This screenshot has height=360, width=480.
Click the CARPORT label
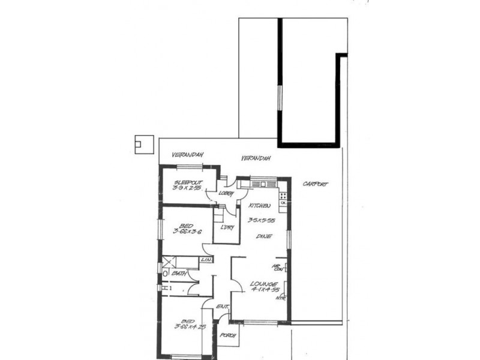(x=316, y=184)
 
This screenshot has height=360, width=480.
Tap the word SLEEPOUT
(x=188, y=182)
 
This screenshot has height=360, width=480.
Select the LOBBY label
(x=226, y=193)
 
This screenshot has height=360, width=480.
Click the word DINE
(x=264, y=236)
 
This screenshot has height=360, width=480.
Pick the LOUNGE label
(x=264, y=283)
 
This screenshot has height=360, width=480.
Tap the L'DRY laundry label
(x=227, y=228)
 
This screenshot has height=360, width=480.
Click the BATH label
(x=178, y=274)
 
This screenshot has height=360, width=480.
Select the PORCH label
(x=228, y=335)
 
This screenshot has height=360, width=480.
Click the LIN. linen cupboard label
(x=206, y=260)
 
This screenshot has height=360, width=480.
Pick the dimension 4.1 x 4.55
(x=264, y=290)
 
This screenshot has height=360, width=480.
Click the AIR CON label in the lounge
(x=278, y=268)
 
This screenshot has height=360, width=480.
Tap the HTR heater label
(x=280, y=298)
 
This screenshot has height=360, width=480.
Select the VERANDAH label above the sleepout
(x=187, y=155)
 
